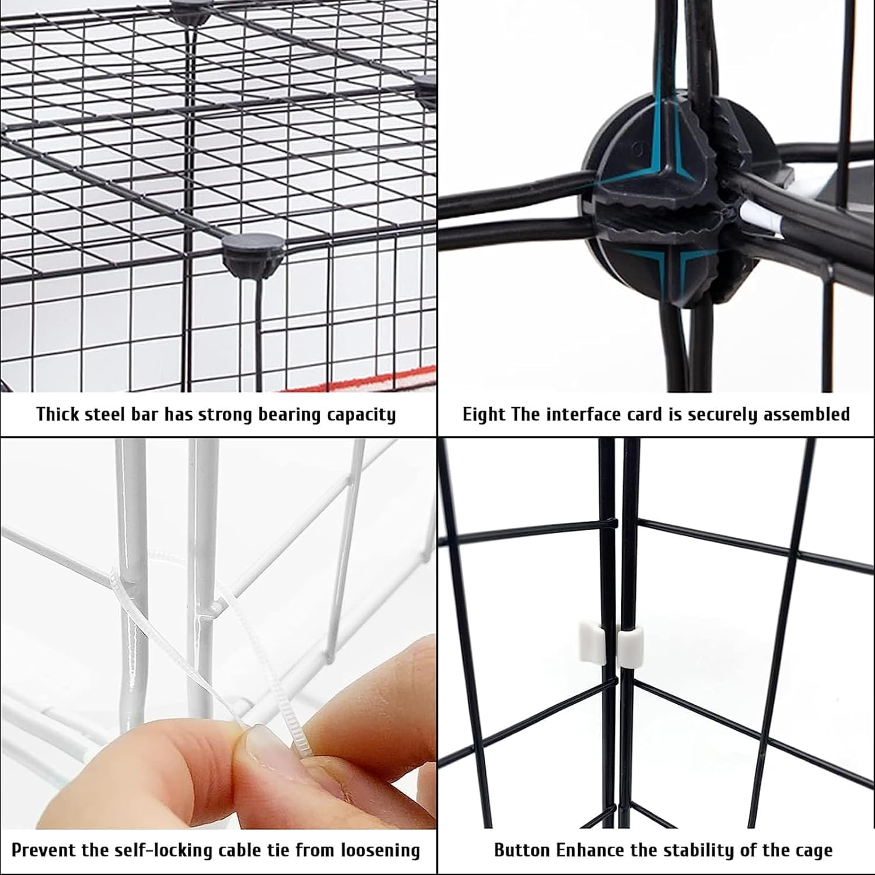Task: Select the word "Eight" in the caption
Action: [x=484, y=415]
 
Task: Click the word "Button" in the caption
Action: [x=519, y=850]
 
